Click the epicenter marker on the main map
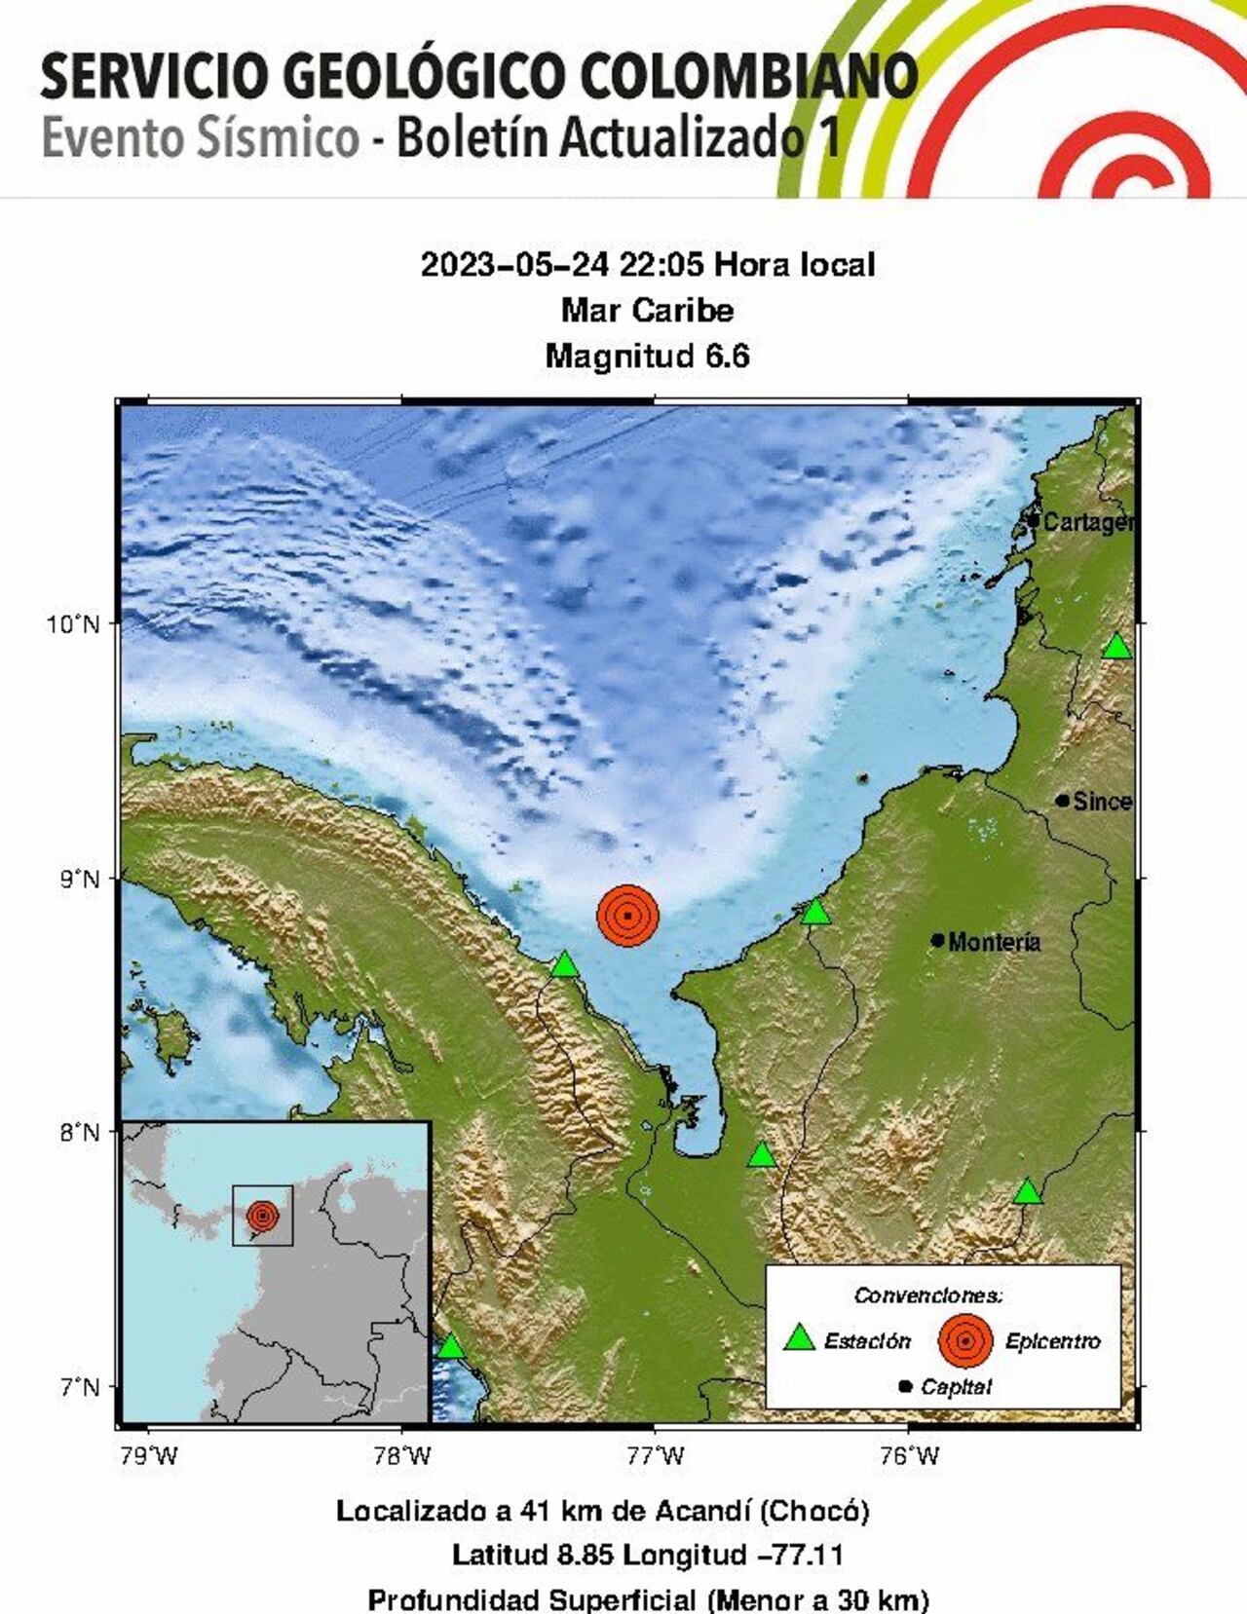pyautogui.click(x=628, y=915)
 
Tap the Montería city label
pyautogui.click(x=994, y=942)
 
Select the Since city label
pyautogui.click(x=1102, y=802)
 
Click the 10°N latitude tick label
pyautogui.click(x=74, y=623)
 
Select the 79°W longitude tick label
pyautogui.click(x=150, y=1457)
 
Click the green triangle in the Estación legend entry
pyautogui.click(x=799, y=1338)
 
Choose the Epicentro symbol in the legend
pyautogui.click(x=964, y=1340)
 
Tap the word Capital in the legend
pyautogui.click(x=956, y=1386)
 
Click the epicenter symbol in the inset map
pyautogui.click(x=262, y=1216)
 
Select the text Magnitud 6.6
pyautogui.click(x=647, y=357)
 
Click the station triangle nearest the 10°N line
pyautogui.click(x=1117, y=646)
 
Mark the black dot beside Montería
pyautogui.click(x=937, y=940)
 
